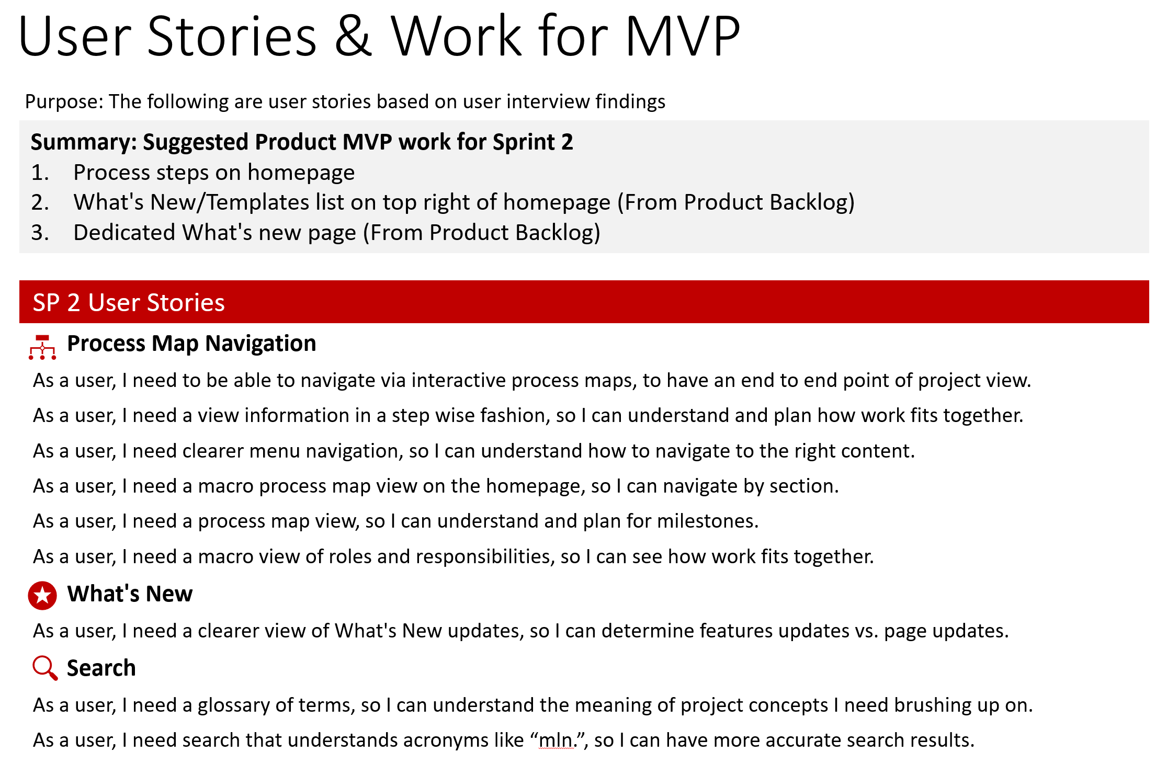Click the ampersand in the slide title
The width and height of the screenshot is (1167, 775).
click(x=354, y=37)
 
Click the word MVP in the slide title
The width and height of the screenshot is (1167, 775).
click(x=682, y=37)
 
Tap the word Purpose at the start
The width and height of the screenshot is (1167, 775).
click(x=64, y=102)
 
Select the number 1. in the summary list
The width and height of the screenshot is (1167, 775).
click(x=40, y=173)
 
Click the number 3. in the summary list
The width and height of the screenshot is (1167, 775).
click(x=40, y=233)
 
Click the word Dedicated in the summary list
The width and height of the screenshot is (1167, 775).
click(x=124, y=233)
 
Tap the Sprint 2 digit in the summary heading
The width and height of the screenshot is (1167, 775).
click(x=567, y=142)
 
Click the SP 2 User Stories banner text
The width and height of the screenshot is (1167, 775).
click(x=129, y=303)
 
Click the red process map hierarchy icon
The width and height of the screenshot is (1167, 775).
click(x=42, y=347)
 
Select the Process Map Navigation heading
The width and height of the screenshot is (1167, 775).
click(x=191, y=344)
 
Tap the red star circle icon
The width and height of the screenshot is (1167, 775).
click(x=42, y=596)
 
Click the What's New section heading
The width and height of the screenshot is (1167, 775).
click(x=130, y=594)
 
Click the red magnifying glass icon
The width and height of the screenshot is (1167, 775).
click(x=44, y=668)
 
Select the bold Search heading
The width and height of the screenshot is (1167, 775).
click(x=101, y=668)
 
